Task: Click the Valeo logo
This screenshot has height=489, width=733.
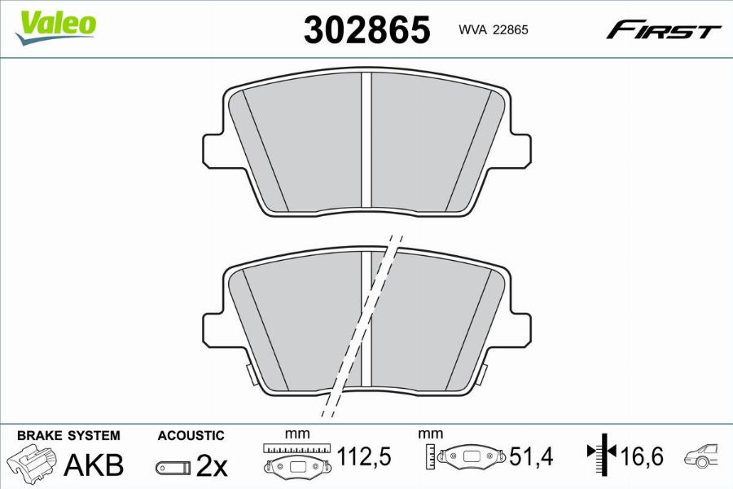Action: coord(55,27)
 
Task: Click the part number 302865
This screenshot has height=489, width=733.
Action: coord(367,29)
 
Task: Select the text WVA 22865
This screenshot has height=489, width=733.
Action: coord(494,29)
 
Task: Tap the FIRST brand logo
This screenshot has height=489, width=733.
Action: coord(664,30)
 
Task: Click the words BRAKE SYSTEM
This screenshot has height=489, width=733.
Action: coord(68,436)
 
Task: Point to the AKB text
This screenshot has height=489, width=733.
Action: coord(94,465)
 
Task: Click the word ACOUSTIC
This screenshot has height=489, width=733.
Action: coord(191,436)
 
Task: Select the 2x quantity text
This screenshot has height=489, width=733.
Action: coord(211,465)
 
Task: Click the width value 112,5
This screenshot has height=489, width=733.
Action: coord(364,456)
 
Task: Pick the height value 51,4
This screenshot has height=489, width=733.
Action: coord(530,456)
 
